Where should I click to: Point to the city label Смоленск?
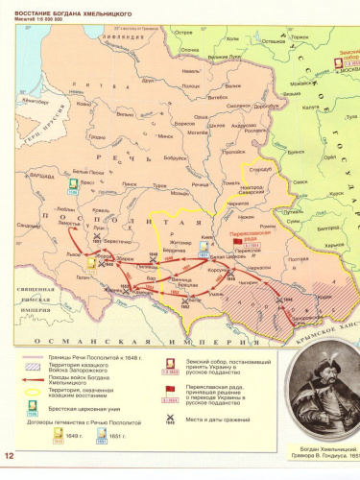click(x=240, y=106)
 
